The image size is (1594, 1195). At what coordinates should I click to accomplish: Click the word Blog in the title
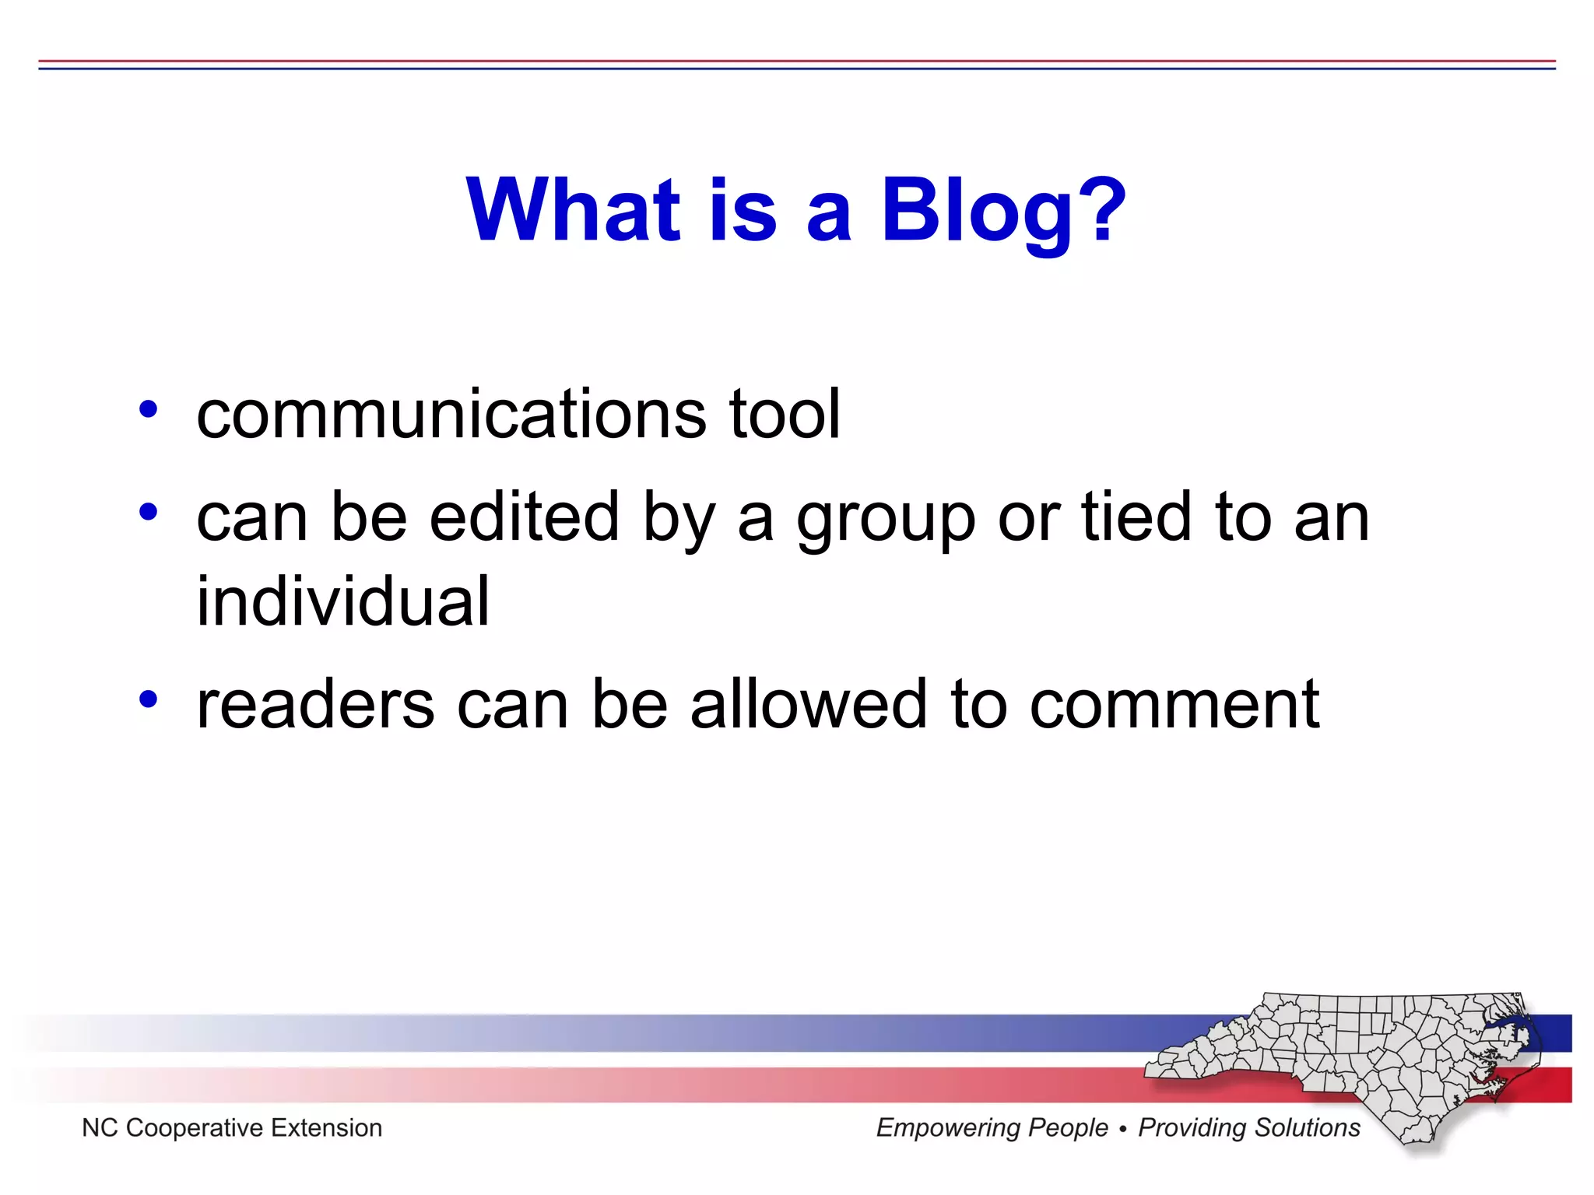pos(978,210)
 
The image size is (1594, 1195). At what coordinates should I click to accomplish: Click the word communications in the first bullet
pos(451,414)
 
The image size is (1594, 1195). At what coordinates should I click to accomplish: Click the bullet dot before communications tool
pos(148,409)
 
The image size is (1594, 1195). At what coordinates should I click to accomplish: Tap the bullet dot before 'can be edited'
pos(148,512)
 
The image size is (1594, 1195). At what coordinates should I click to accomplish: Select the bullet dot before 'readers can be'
pos(148,699)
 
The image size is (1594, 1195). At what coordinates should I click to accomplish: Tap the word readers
pos(315,705)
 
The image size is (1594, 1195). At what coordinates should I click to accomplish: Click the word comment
pos(1174,705)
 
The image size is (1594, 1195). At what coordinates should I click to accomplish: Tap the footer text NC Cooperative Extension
pos(232,1128)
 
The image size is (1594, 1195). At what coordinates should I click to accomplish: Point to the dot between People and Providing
pos(1122,1129)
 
